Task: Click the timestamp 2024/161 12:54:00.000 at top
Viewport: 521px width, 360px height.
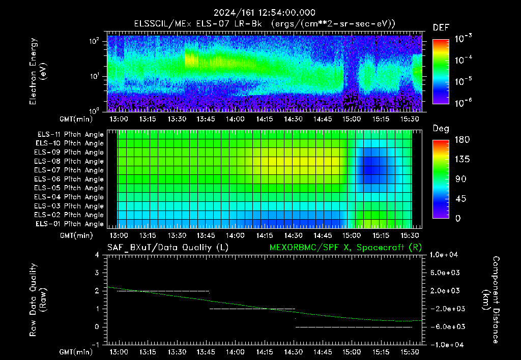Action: coord(265,13)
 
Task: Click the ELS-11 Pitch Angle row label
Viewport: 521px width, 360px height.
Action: coord(70,135)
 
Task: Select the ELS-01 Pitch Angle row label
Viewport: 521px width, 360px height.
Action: coord(70,224)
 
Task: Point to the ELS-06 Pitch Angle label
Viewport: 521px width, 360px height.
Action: coord(69,179)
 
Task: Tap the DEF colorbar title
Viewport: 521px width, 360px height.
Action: coord(441,27)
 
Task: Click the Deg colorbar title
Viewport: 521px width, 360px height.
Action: coord(441,129)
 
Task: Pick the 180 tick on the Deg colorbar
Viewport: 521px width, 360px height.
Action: coord(462,139)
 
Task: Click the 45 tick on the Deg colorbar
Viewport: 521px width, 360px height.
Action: coord(460,199)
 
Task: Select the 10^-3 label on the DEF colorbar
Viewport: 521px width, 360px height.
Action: coord(464,39)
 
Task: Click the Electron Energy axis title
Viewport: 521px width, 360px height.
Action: coord(37,71)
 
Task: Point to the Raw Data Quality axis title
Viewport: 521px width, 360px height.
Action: coord(37,300)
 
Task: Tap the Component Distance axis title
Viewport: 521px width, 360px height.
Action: coord(491,300)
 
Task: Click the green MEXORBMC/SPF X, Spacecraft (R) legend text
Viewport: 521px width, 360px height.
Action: coord(345,248)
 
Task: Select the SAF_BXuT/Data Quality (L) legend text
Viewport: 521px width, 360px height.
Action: coord(168,248)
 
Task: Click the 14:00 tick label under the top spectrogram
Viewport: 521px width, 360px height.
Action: coord(235,119)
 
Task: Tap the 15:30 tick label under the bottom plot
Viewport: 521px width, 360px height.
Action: coord(410,352)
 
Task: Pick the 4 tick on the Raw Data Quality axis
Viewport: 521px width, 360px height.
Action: coord(97,255)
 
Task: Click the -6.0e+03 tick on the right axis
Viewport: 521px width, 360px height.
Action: coord(445,327)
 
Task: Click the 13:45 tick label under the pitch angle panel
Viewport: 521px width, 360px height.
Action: coord(206,235)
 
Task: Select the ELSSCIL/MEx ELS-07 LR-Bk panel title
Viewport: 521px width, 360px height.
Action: coord(198,24)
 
